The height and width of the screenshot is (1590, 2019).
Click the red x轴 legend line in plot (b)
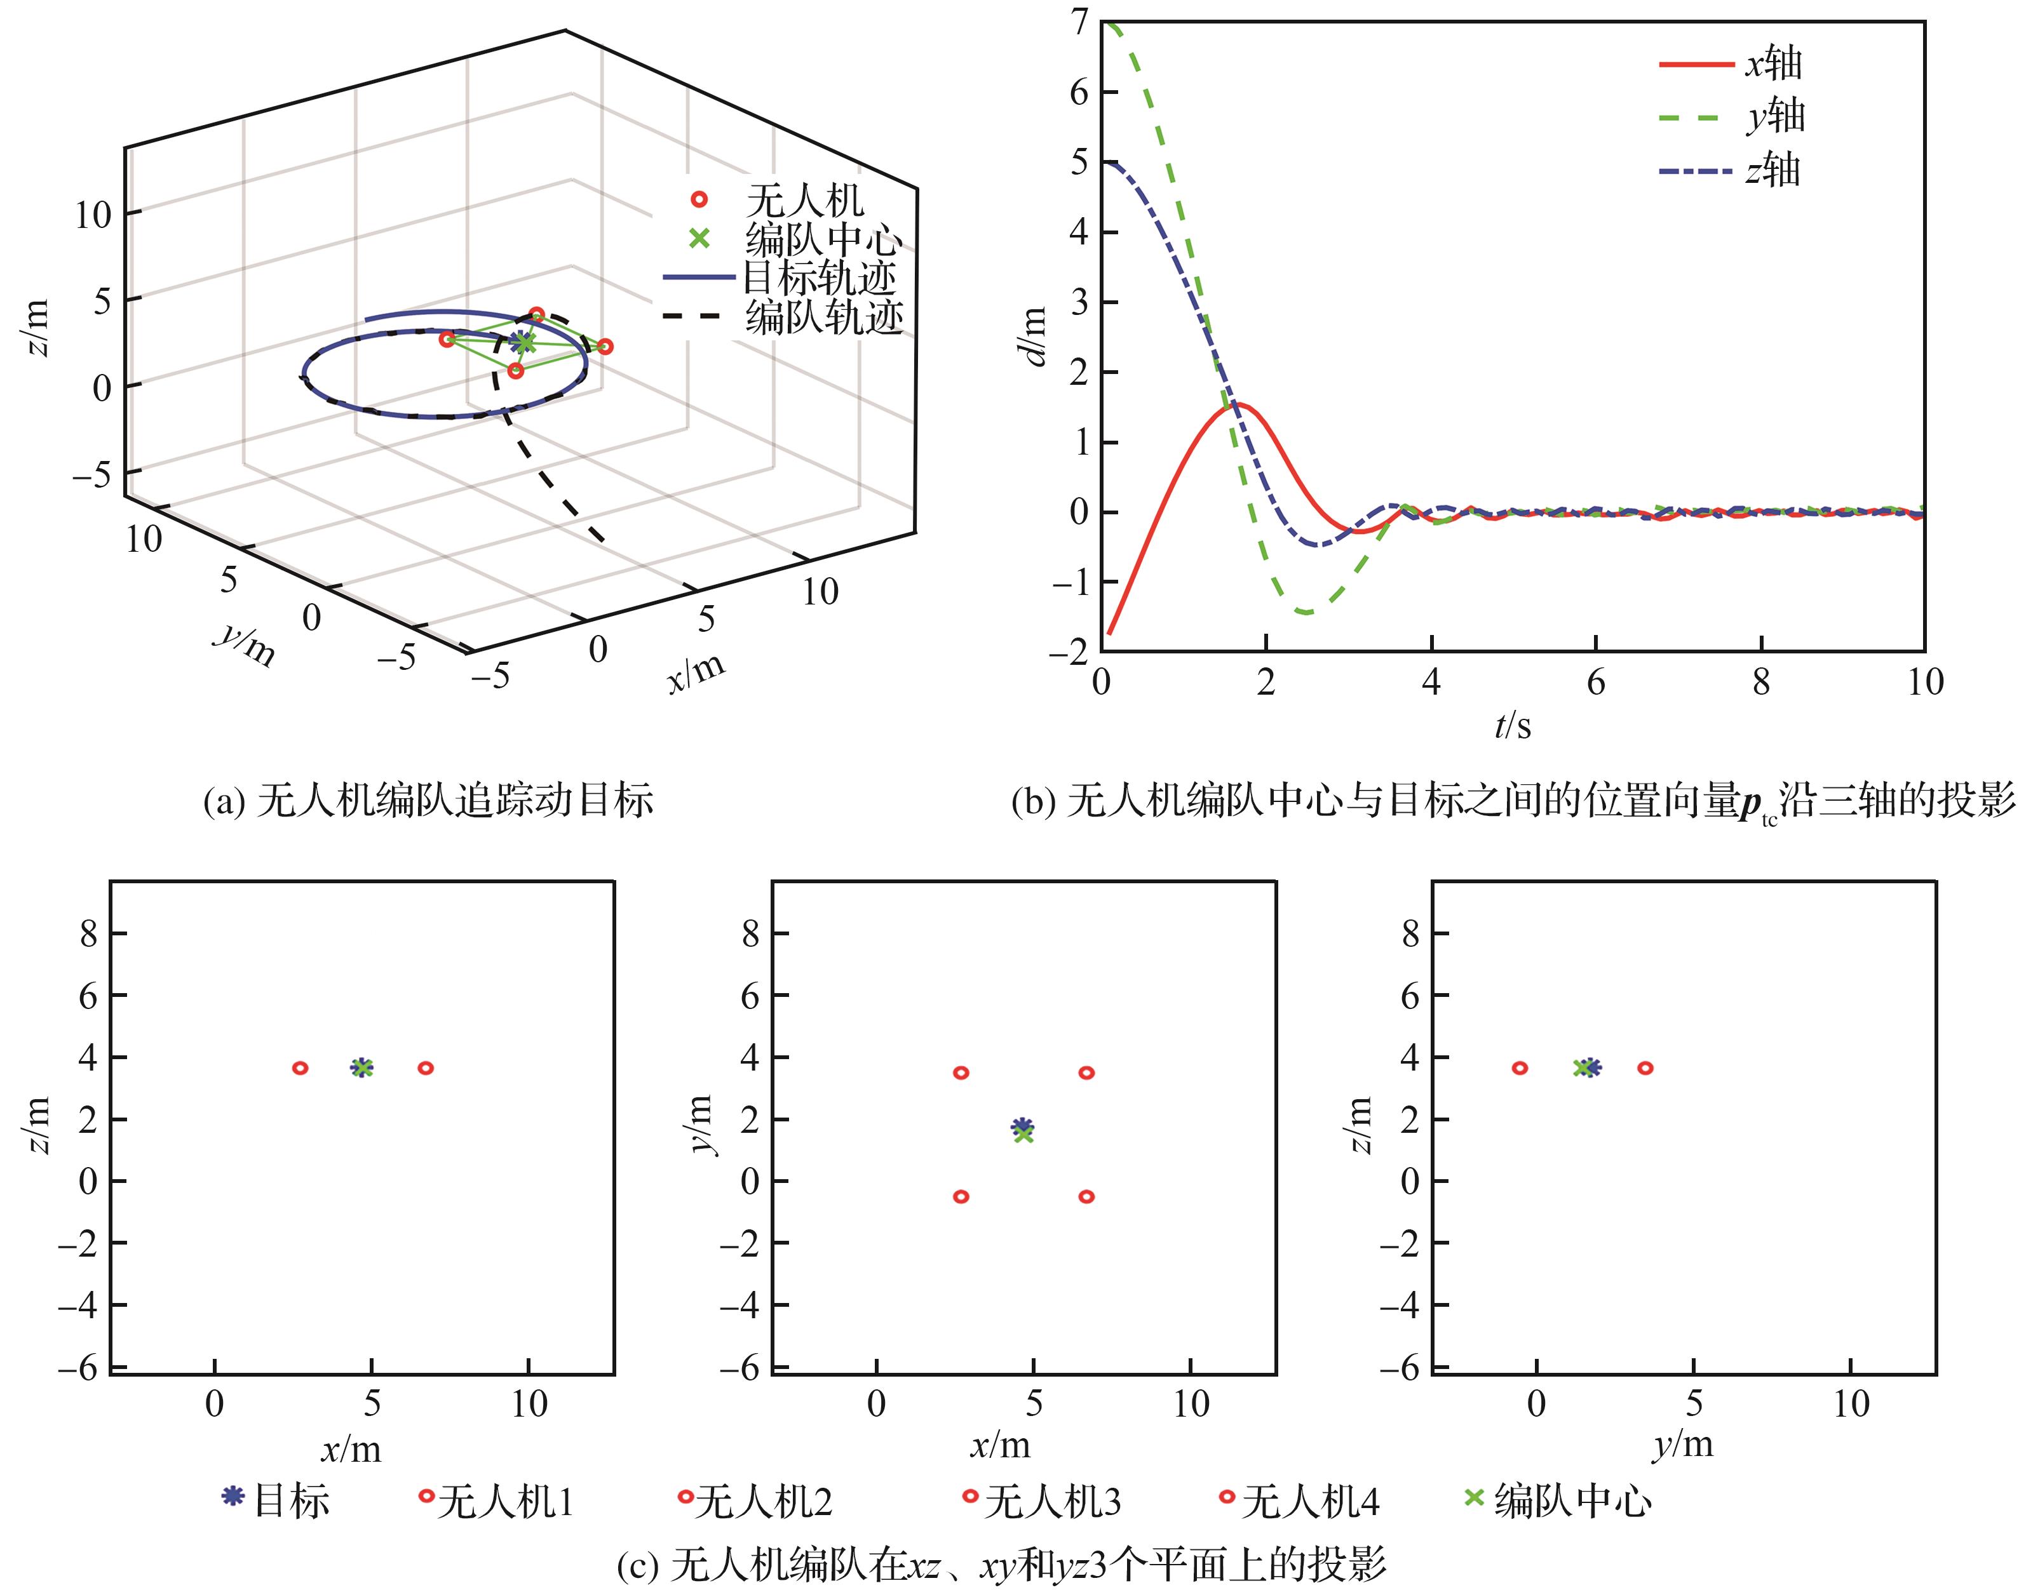click(x=1697, y=64)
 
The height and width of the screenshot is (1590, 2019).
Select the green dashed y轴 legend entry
click(x=1697, y=117)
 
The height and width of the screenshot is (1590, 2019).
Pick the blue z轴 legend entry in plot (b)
click(x=1697, y=172)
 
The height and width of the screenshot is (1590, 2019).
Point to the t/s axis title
click(x=1513, y=725)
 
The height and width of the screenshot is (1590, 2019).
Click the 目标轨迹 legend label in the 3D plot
click(x=820, y=277)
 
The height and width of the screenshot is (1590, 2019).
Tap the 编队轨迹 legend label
click(x=823, y=316)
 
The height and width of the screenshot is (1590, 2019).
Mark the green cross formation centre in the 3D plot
click(x=526, y=344)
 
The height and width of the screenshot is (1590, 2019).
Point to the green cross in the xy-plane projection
click(x=1023, y=1134)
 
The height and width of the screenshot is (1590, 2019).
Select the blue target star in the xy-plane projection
click(x=1022, y=1125)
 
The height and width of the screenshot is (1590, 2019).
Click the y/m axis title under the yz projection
click(x=1684, y=1444)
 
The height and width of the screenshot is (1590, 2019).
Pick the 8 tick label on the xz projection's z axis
click(x=88, y=933)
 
